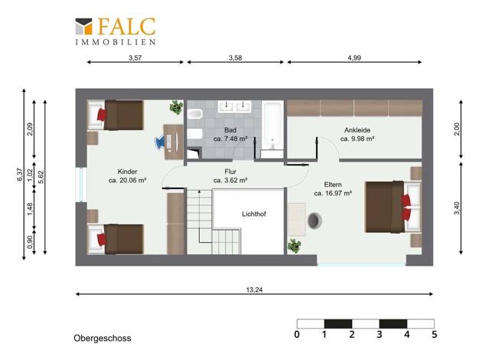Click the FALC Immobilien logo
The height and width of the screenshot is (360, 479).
pos(116,31)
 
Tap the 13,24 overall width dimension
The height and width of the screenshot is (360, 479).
pos(254,290)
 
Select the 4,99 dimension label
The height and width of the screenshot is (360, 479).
pos(354,57)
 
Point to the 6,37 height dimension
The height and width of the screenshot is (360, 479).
pos(20,175)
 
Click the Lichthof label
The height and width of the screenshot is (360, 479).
pos(254,214)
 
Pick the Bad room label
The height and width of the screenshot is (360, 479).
pos(230,130)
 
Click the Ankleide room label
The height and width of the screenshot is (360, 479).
pos(357,130)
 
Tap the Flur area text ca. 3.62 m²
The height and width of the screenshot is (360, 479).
pos(230,181)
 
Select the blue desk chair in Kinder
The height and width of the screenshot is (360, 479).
pos(161,142)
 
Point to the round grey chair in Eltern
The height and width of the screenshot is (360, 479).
pos(314,221)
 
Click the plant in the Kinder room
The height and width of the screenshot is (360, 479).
pos(176,107)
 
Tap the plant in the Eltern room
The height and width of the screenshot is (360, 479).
pos(294,246)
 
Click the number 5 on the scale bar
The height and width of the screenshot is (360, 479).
pos(435,334)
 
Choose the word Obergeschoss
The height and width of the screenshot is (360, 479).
pos(103,339)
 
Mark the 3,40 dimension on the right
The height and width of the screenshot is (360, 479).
pos(457,208)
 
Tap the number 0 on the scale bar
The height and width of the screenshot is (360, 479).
pos(297,334)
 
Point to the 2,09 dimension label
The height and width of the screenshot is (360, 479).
pos(30,129)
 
